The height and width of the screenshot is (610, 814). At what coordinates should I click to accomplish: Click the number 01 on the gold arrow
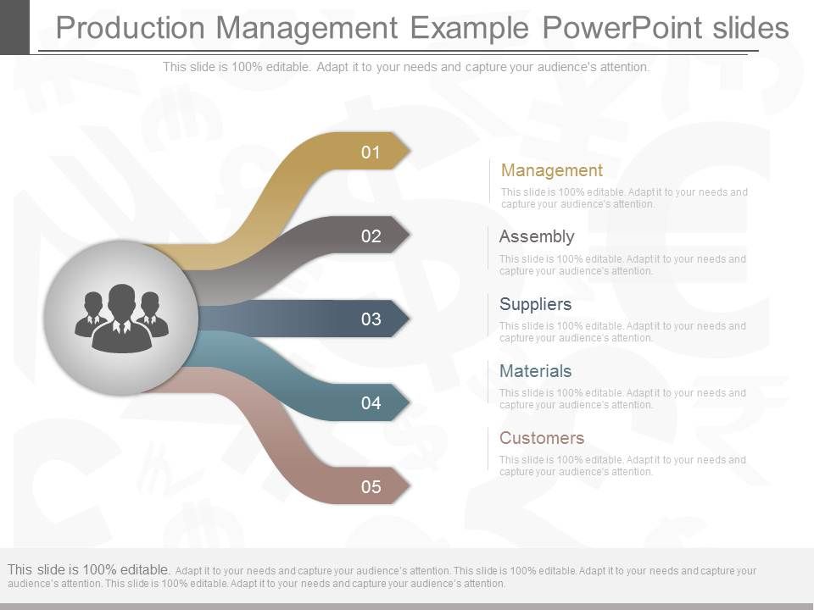371,153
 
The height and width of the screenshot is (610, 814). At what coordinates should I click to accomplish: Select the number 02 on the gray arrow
371,236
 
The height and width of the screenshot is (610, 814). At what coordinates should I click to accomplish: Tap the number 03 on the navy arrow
371,319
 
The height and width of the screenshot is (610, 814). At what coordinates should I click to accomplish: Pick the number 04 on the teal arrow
371,403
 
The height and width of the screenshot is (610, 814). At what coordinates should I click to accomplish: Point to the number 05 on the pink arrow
371,487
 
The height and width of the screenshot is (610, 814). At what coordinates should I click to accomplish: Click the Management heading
552,170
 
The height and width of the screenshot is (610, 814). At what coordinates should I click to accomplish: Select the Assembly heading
537,236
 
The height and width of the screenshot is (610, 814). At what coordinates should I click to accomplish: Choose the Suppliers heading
535,304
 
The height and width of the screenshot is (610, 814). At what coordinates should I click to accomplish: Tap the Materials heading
535,371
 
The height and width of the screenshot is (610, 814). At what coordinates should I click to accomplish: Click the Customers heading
542,438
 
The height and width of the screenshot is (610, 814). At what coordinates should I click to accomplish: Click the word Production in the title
129,28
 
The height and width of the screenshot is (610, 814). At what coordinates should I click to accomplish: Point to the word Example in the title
470,28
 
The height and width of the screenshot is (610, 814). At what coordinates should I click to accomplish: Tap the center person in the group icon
122,320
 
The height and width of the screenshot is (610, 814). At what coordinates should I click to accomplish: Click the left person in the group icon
91,313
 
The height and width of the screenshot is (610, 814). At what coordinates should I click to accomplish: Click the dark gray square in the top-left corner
14,25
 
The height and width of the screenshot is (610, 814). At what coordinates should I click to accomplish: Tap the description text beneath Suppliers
622,332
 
